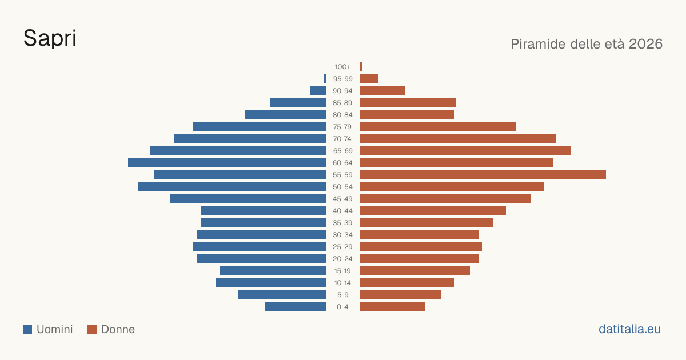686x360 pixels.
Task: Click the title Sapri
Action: [x=50, y=38]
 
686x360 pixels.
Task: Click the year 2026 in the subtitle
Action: [x=645, y=44]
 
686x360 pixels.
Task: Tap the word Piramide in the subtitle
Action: [x=539, y=44]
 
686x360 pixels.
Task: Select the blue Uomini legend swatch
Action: [x=27, y=329]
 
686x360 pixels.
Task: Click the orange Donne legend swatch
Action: [x=92, y=329]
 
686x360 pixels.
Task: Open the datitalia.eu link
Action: [x=629, y=329]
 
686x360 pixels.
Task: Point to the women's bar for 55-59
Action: [x=483, y=174]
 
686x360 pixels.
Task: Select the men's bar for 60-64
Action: [x=227, y=162]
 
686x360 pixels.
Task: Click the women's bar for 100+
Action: [x=361, y=66]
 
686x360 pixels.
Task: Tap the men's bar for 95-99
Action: [x=325, y=79]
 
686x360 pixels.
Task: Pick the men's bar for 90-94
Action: [x=318, y=91]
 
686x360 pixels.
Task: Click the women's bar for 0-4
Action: [x=393, y=307]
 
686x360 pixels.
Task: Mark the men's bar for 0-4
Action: [x=295, y=307]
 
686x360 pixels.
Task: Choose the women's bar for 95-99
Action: [x=369, y=79]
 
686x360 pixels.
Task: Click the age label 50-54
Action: [x=342, y=187]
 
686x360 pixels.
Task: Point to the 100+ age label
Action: [x=342, y=67]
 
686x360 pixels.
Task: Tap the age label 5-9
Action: [x=342, y=295]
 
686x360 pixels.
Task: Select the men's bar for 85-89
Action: [x=298, y=102]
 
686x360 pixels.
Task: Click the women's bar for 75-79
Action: [x=438, y=126]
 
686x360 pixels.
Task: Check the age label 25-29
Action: [x=342, y=247]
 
